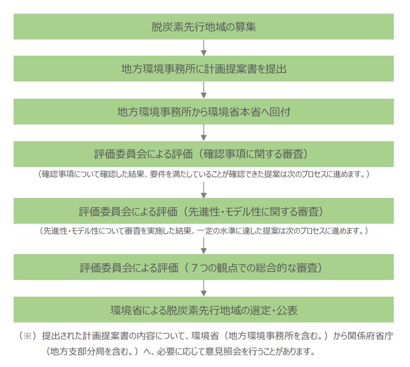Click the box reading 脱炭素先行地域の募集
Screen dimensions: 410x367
(203, 27)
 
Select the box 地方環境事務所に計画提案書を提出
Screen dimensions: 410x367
(203, 68)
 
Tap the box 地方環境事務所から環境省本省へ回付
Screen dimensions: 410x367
(203, 112)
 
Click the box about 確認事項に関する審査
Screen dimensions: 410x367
(203, 154)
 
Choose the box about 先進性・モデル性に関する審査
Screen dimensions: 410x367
(203, 211)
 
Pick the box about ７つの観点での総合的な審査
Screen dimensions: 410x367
(203, 267)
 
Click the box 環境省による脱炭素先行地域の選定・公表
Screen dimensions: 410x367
(203, 310)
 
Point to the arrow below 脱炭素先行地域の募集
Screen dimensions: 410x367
(203, 48)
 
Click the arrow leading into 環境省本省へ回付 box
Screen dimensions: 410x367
(203, 90)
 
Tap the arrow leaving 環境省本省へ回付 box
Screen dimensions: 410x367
(203, 133)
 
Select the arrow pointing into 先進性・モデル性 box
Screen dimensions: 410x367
(203, 190)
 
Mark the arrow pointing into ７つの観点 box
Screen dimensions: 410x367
(203, 246)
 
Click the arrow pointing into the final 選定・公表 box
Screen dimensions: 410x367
(203, 288)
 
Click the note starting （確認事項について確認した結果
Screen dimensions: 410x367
(203, 174)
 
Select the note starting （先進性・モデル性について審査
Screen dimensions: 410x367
(203, 231)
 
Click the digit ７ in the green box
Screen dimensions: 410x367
(194, 268)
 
